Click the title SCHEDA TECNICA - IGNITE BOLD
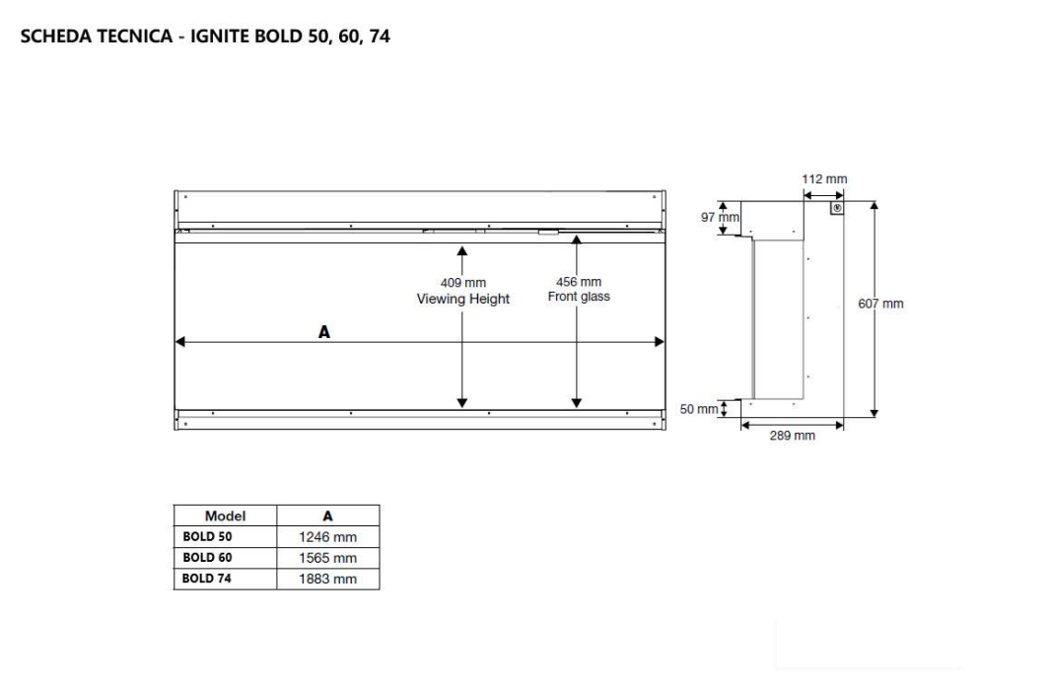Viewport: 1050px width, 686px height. (x=205, y=38)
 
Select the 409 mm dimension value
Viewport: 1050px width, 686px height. (x=462, y=283)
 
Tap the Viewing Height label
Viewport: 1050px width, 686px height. (x=462, y=299)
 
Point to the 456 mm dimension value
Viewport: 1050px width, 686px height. (x=579, y=282)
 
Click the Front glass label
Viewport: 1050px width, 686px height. (x=579, y=297)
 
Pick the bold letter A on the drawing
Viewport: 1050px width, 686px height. (x=324, y=332)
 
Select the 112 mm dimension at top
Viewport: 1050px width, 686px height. (x=824, y=179)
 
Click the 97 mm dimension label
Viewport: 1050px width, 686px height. (x=720, y=217)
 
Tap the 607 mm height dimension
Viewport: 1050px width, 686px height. (x=880, y=304)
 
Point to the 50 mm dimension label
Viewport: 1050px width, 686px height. (x=699, y=409)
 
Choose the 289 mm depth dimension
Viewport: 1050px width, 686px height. (x=792, y=436)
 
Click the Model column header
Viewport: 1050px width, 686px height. (x=225, y=515)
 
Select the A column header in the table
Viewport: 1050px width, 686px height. (x=328, y=515)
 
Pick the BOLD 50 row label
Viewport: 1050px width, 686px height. (x=207, y=537)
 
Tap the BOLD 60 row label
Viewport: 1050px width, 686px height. (x=207, y=558)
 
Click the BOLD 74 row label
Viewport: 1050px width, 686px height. (x=207, y=579)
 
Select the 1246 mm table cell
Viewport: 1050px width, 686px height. (x=327, y=537)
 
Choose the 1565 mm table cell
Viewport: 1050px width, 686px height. (x=327, y=558)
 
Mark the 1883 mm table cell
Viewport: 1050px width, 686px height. (x=327, y=579)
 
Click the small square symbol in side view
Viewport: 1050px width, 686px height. (x=836, y=209)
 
